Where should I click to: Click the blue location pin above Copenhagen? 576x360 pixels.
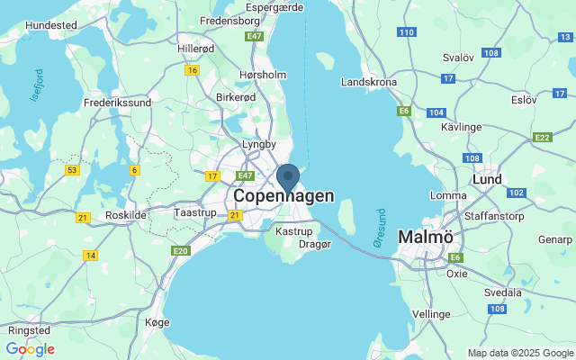point(288,176)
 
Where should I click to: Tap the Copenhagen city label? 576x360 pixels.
point(283,195)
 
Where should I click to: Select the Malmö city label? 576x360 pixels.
point(429,236)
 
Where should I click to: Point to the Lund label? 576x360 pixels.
point(487,179)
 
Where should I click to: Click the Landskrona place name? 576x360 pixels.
point(369,82)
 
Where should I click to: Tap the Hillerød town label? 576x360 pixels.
point(195,49)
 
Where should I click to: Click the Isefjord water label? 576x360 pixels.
point(37,86)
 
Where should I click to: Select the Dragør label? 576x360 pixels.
point(315,243)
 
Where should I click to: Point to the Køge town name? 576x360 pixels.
point(157,321)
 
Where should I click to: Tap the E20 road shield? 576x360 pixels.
point(181,251)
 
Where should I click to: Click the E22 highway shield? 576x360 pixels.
point(542,138)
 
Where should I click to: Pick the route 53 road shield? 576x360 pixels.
point(72,169)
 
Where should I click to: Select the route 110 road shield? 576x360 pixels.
point(406,32)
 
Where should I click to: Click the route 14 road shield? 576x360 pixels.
point(90,256)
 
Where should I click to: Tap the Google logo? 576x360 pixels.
point(31,348)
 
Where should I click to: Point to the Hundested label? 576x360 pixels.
point(51,25)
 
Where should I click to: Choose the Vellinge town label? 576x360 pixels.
point(431,313)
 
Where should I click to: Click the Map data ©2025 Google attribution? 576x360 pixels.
point(520,353)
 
